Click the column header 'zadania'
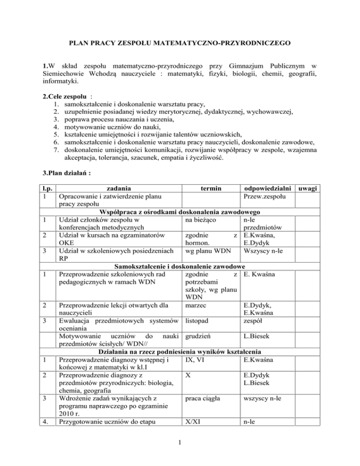pyautogui.click(x=116, y=188)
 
